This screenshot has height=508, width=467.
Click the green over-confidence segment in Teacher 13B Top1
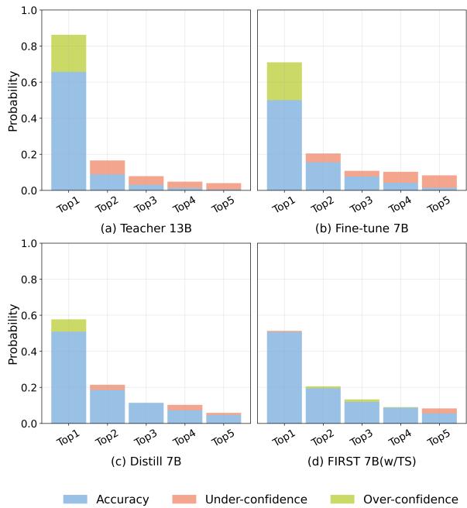point(68,53)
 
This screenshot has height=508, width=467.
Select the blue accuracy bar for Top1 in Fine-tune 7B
point(284,145)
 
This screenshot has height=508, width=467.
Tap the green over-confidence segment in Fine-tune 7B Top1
point(284,81)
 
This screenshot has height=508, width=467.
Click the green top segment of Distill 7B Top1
point(68,325)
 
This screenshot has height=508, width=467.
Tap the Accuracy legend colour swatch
point(75,499)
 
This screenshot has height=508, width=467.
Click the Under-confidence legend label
point(256,499)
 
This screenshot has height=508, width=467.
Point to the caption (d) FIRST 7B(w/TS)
point(362,462)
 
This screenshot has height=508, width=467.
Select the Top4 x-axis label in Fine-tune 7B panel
point(399,204)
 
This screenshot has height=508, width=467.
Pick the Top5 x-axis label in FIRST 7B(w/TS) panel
point(438,438)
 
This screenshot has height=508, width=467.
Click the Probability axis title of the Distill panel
point(12,334)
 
